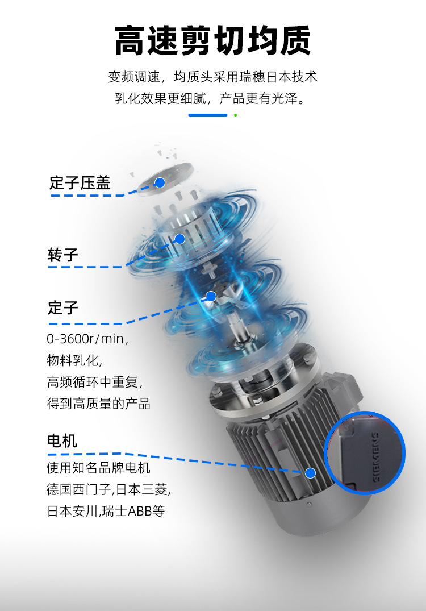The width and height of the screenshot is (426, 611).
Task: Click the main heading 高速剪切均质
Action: coord(212,41)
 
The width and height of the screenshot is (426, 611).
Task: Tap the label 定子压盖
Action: coord(80,182)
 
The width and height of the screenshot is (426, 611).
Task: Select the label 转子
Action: coord(62,255)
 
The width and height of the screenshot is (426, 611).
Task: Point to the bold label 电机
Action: coord(62,440)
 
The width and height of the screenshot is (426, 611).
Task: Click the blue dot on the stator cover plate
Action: coord(160,182)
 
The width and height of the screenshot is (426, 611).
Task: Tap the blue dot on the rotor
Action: coord(179,239)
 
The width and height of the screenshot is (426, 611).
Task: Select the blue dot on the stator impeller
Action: coord(211,296)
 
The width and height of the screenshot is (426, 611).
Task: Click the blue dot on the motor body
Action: coord(310,472)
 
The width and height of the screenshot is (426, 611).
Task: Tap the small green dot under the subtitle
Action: coord(235,115)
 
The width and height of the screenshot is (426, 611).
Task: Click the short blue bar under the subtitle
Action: coord(207,115)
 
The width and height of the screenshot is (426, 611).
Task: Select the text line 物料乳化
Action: coord(74,360)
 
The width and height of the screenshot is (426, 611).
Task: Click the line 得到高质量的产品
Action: coord(98,404)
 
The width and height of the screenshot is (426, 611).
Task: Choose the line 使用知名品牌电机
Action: coord(98,468)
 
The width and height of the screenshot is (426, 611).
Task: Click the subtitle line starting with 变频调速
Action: coord(212,77)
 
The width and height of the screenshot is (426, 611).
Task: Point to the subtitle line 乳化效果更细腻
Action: coord(212,98)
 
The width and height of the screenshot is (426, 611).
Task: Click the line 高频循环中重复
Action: coord(94,382)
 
